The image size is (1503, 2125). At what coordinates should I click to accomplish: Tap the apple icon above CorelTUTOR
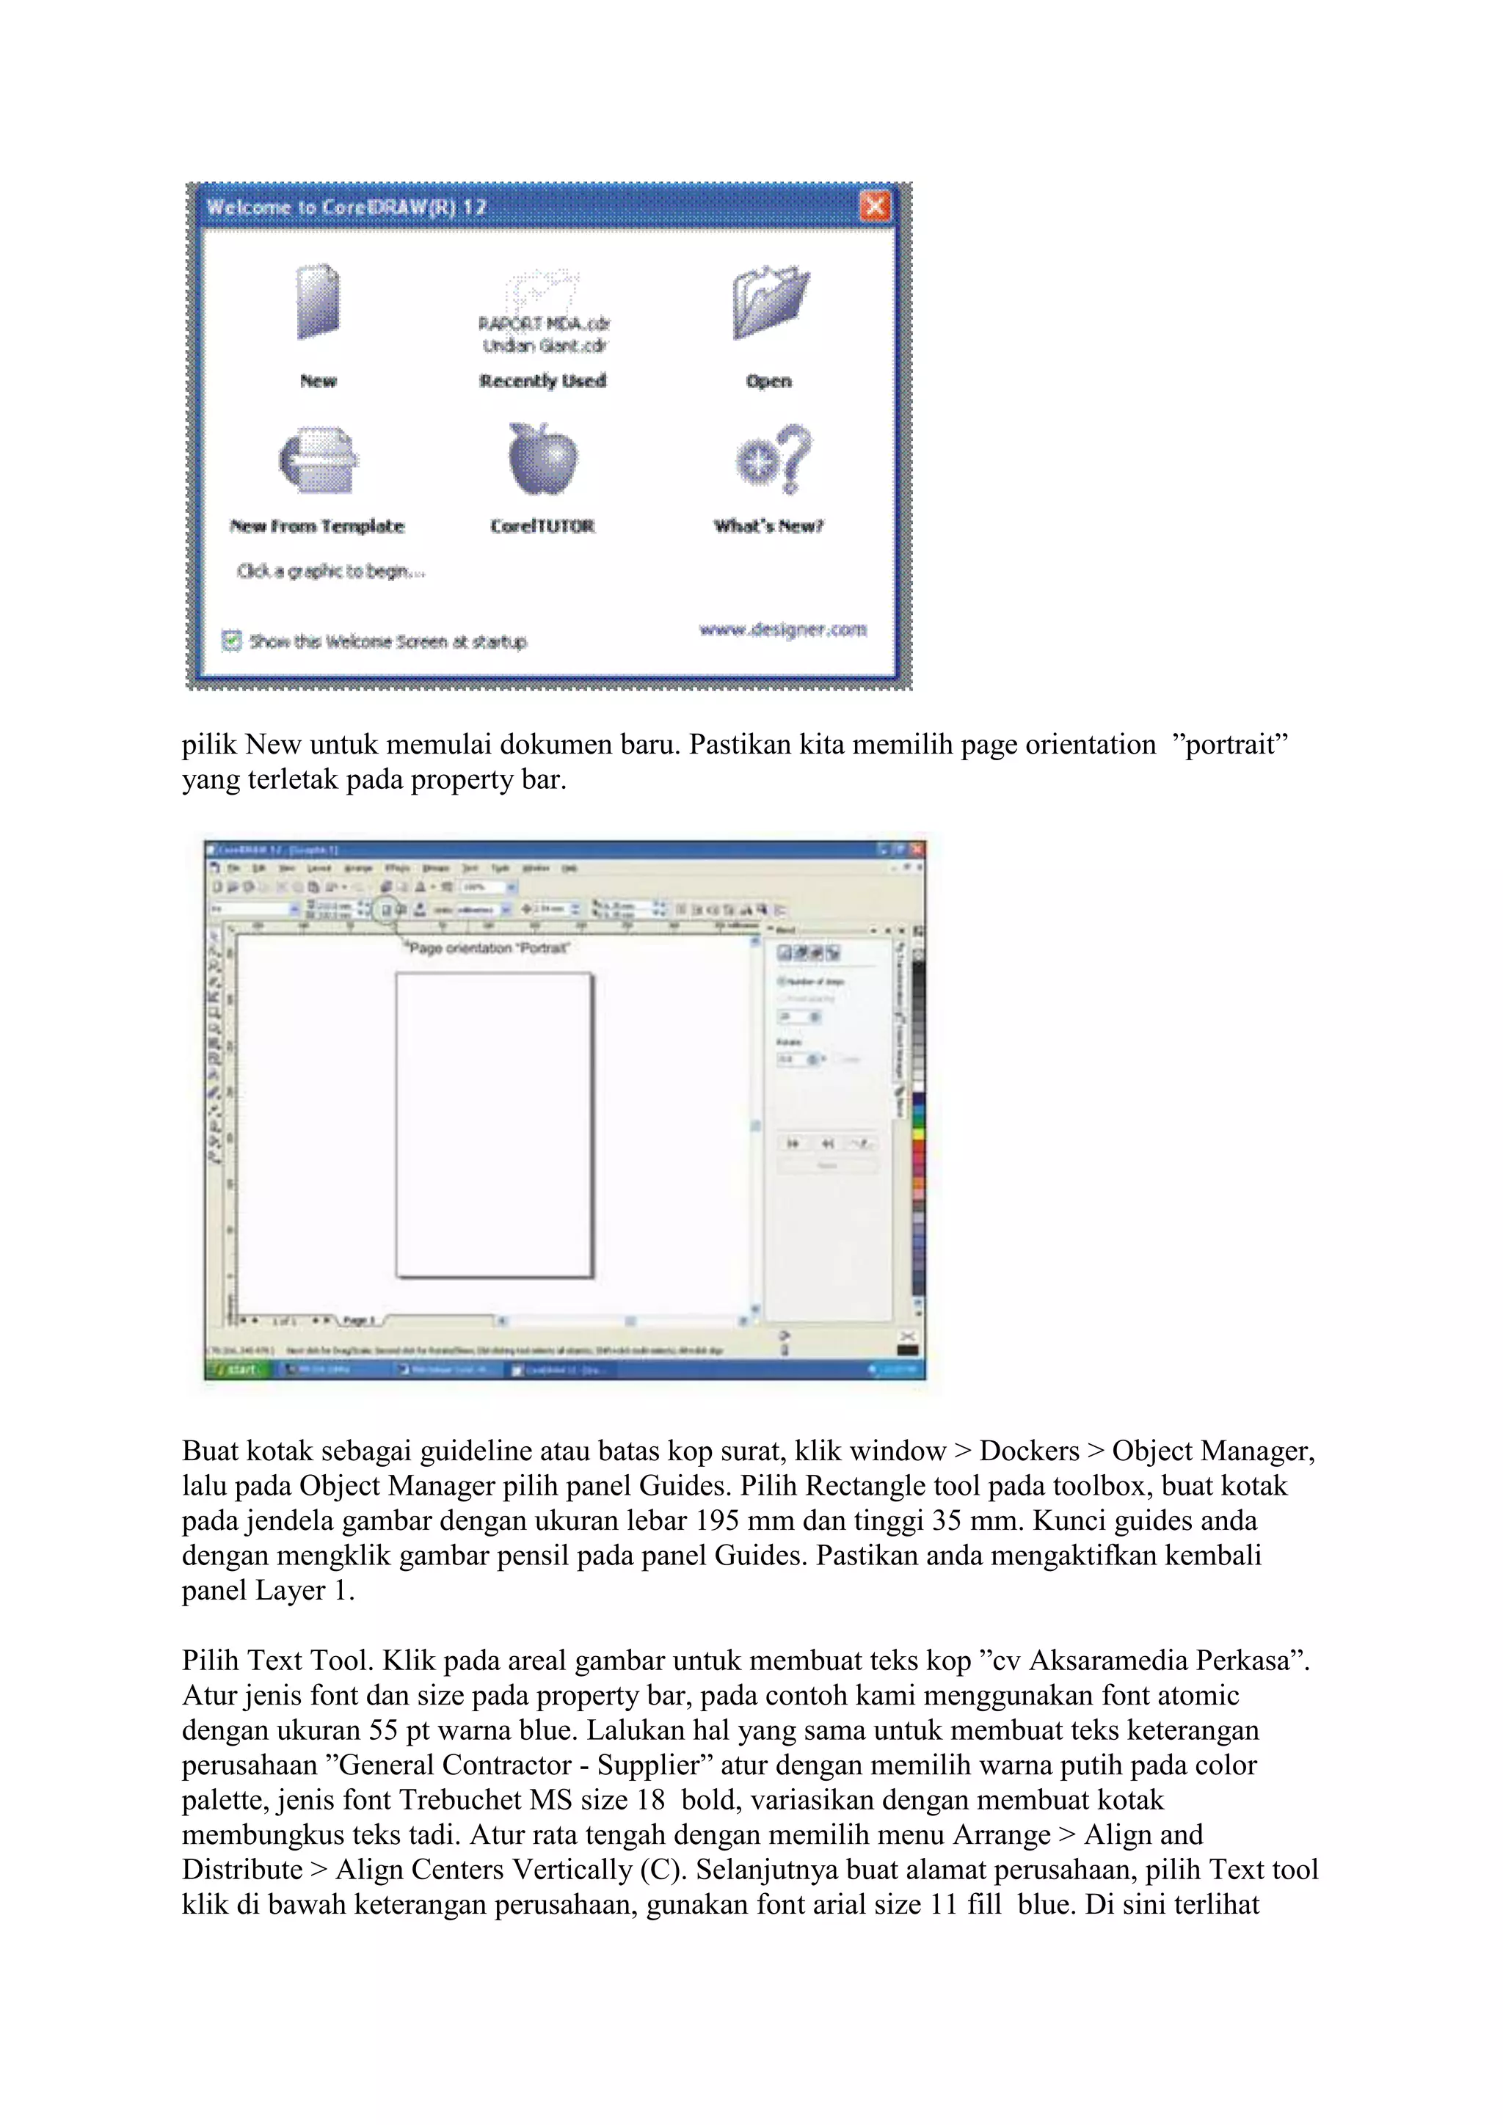pyautogui.click(x=542, y=459)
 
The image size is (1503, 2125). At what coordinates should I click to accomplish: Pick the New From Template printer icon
pyautogui.click(x=319, y=460)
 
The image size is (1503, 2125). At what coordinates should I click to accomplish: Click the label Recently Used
pyautogui.click(x=542, y=380)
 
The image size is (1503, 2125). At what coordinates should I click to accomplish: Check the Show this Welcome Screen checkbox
pyautogui.click(x=231, y=641)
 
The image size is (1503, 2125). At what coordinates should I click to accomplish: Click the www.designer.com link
pyautogui.click(x=783, y=630)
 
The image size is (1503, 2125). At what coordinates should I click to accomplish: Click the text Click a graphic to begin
pyautogui.click(x=330, y=571)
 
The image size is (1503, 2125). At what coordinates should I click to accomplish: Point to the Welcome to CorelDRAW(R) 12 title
pyautogui.click(x=346, y=206)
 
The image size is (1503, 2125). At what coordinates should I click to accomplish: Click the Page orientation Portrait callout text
pyautogui.click(x=489, y=948)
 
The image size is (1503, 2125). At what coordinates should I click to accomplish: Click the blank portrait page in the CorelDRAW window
pyautogui.click(x=494, y=1125)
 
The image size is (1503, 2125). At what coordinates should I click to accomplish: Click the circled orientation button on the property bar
pyautogui.click(x=387, y=910)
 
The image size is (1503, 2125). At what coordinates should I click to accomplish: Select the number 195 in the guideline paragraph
pyautogui.click(x=716, y=1520)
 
